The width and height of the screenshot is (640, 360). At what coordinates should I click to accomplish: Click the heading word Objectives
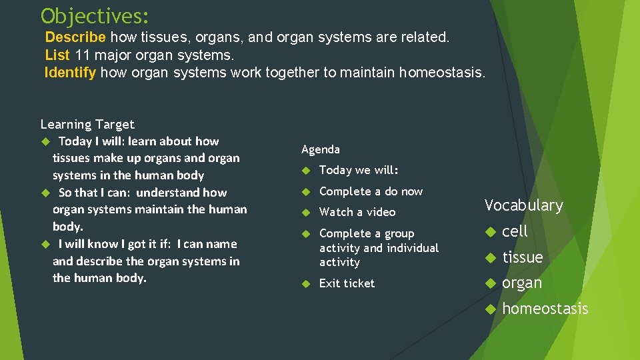(95, 15)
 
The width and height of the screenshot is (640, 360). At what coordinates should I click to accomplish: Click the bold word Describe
(75, 37)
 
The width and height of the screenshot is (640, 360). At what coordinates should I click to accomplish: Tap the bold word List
(57, 55)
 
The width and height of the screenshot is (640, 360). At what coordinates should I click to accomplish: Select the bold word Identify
(70, 72)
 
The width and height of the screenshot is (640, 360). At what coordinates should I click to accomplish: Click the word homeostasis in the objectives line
(441, 72)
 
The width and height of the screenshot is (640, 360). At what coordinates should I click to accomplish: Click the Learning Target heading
(87, 124)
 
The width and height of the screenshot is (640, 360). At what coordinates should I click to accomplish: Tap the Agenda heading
(321, 149)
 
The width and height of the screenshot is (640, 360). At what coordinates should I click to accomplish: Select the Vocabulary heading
(523, 205)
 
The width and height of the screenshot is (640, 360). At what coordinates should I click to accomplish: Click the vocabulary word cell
(514, 231)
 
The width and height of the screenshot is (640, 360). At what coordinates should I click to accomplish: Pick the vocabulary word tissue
(522, 257)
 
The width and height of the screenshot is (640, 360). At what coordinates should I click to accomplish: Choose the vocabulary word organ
(521, 283)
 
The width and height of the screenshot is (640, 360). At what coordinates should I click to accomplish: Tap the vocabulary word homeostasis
(545, 309)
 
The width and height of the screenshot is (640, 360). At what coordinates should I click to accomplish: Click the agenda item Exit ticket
(347, 283)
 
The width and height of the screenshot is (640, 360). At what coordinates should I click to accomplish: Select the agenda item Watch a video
(357, 212)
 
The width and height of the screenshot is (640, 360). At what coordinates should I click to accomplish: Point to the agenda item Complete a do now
(371, 191)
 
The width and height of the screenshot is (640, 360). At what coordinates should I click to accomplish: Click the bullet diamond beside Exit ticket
(305, 283)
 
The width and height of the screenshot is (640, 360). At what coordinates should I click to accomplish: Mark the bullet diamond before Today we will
(305, 170)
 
